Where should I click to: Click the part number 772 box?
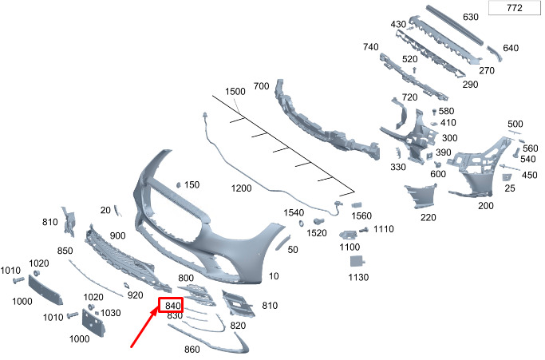[514, 9]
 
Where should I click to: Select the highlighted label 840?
[172, 305]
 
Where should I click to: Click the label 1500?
[235, 92]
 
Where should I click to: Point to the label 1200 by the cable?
[241, 188]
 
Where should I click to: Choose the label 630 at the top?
[470, 17]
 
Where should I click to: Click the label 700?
[261, 85]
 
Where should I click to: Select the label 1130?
[358, 278]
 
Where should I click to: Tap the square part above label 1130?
[360, 260]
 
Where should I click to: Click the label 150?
[192, 185]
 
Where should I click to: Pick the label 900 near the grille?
[117, 235]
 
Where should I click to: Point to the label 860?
[192, 350]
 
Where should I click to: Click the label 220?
[428, 217]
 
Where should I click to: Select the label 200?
[485, 205]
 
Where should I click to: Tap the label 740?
[370, 48]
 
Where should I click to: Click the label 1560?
[362, 216]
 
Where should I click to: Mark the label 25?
[510, 188]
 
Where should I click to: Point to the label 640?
[511, 48]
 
